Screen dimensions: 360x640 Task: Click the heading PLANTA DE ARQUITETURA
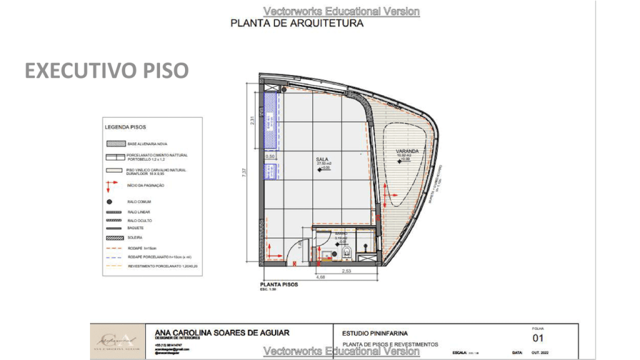(297, 24)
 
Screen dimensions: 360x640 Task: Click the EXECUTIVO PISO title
(106, 71)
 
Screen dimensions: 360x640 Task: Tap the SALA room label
(322, 159)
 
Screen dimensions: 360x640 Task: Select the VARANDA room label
(406, 152)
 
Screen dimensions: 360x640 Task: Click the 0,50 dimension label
(271, 156)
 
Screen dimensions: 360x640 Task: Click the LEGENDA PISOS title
(126, 127)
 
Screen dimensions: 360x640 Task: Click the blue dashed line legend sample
(113, 257)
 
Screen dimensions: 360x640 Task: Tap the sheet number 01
(538, 339)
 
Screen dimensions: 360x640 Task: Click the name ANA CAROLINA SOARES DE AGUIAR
(222, 333)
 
